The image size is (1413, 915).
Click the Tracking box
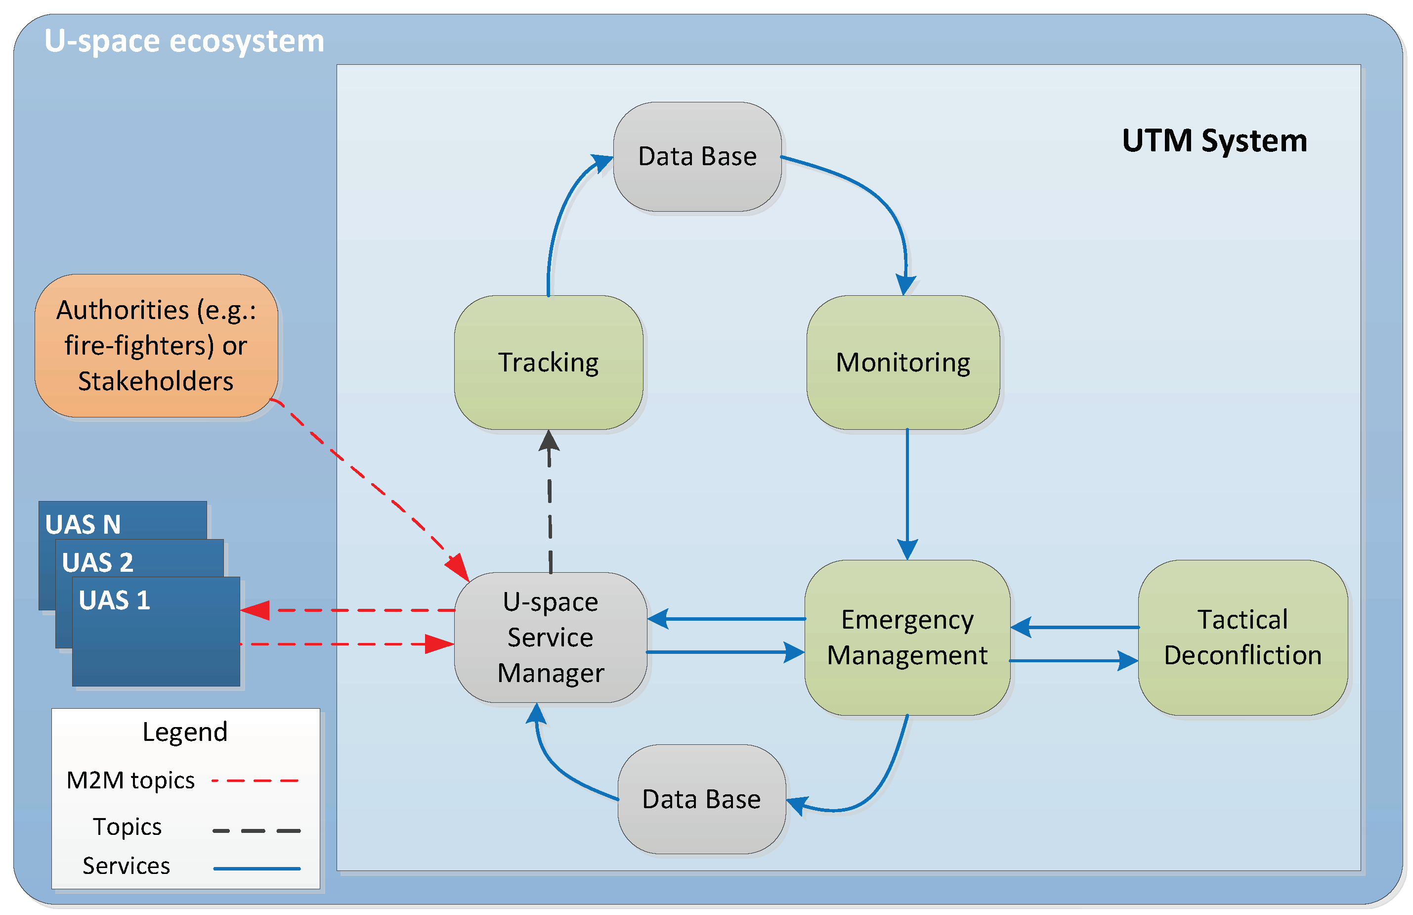point(549,363)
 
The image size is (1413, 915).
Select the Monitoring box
point(903,363)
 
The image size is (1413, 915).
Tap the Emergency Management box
point(907,638)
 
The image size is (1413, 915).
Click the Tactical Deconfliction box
point(1242,638)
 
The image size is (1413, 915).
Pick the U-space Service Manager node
point(551,638)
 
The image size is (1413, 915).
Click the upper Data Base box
point(697,157)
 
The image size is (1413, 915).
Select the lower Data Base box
point(701,799)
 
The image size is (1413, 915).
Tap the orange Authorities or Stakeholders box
point(156,345)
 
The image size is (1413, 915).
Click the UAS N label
point(83,525)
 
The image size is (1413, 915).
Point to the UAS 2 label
point(98,562)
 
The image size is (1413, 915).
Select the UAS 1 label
point(115,600)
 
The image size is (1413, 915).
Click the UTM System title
point(1214,141)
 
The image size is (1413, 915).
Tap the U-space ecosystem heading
point(184,41)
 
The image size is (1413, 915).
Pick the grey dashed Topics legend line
point(256,830)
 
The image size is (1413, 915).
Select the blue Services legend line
point(256,869)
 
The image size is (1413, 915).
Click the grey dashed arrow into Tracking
point(550,505)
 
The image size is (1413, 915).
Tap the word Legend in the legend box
point(185,732)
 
